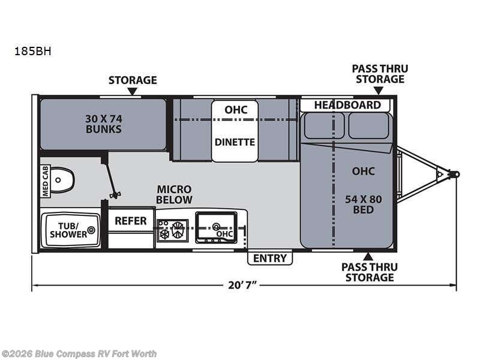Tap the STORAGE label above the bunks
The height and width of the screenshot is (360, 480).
[x=132, y=80]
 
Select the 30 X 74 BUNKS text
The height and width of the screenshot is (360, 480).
[x=103, y=124]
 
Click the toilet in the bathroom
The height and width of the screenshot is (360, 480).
[x=62, y=179]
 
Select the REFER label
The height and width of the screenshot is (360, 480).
[x=130, y=221]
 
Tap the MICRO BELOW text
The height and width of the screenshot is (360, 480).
[x=175, y=194]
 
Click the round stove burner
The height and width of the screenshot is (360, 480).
[x=177, y=227]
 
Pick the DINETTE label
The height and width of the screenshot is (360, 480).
[x=235, y=142]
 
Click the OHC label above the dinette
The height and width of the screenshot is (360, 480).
[x=235, y=110]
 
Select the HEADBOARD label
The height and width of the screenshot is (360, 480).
[x=347, y=105]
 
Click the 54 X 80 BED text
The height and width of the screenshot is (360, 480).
[x=364, y=204]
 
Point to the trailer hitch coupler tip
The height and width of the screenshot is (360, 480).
[x=455, y=174]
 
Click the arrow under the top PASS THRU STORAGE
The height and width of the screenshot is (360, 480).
[x=378, y=91]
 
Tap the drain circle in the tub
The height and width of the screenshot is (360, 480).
[x=91, y=229]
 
